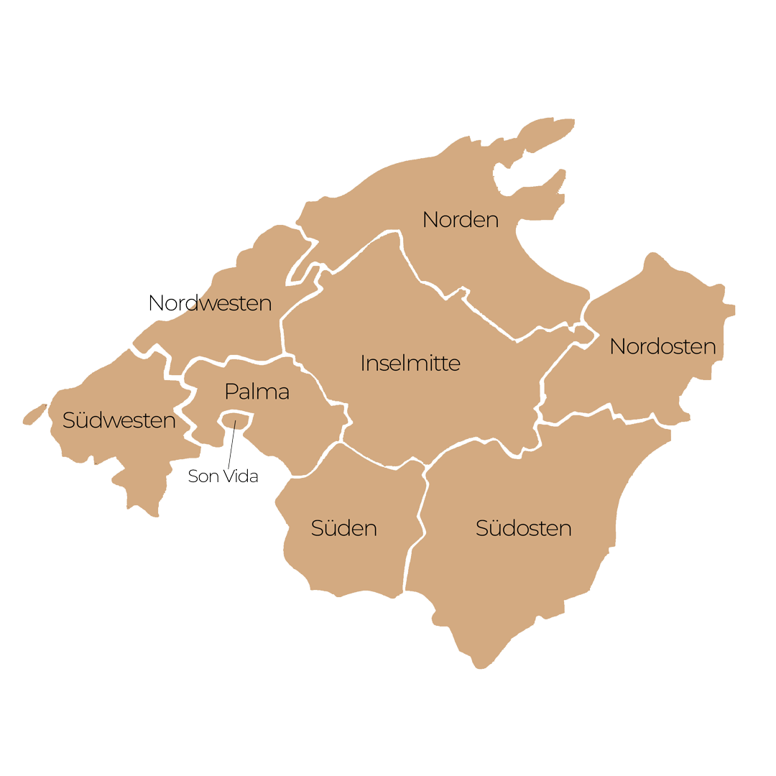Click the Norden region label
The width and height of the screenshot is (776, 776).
tap(460, 219)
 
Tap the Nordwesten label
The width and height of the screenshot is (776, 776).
tap(210, 303)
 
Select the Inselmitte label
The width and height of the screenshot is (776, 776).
tap(410, 363)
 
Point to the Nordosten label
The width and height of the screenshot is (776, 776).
tap(662, 346)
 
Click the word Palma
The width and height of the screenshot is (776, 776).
tap(257, 392)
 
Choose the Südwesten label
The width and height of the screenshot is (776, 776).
tap(119, 420)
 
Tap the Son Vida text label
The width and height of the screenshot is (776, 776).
tap(223, 476)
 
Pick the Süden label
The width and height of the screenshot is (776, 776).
tap(343, 528)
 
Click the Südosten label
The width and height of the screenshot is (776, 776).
tap(523, 528)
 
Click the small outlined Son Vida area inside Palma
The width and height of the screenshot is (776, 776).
tap(237, 418)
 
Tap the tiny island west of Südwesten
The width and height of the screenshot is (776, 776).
tap(34, 414)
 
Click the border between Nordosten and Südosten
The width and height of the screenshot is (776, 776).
tap(611, 417)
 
